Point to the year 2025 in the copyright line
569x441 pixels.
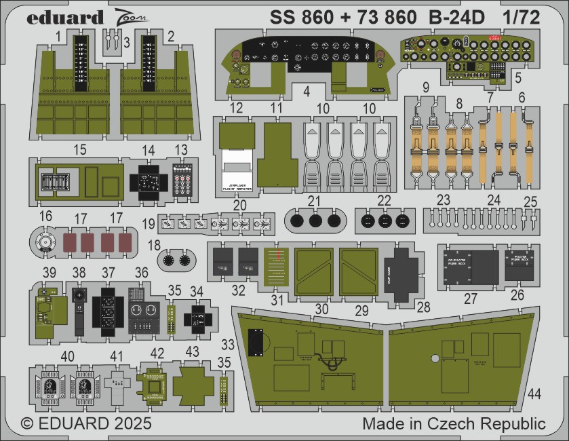[129, 424]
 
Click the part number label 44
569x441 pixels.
[534, 394]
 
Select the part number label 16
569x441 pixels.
[45, 216]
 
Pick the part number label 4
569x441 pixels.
[307, 90]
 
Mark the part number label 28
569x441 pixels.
[423, 308]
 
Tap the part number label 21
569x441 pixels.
[313, 199]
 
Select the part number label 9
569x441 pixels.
[425, 87]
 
